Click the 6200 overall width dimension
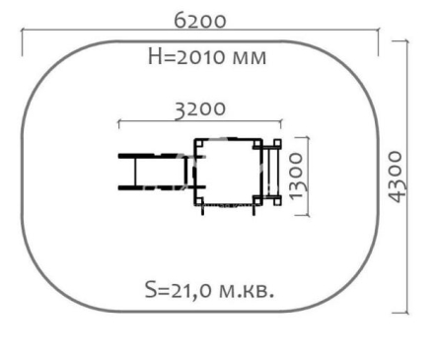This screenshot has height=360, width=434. [200, 21]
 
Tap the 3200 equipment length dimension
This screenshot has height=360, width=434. [200, 109]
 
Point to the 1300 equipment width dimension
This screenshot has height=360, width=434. [296, 176]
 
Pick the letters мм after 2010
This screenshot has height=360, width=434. [249, 58]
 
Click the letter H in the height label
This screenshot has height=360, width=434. [154, 56]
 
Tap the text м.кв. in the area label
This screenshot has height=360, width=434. [247, 291]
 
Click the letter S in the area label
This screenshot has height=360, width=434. [151, 290]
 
